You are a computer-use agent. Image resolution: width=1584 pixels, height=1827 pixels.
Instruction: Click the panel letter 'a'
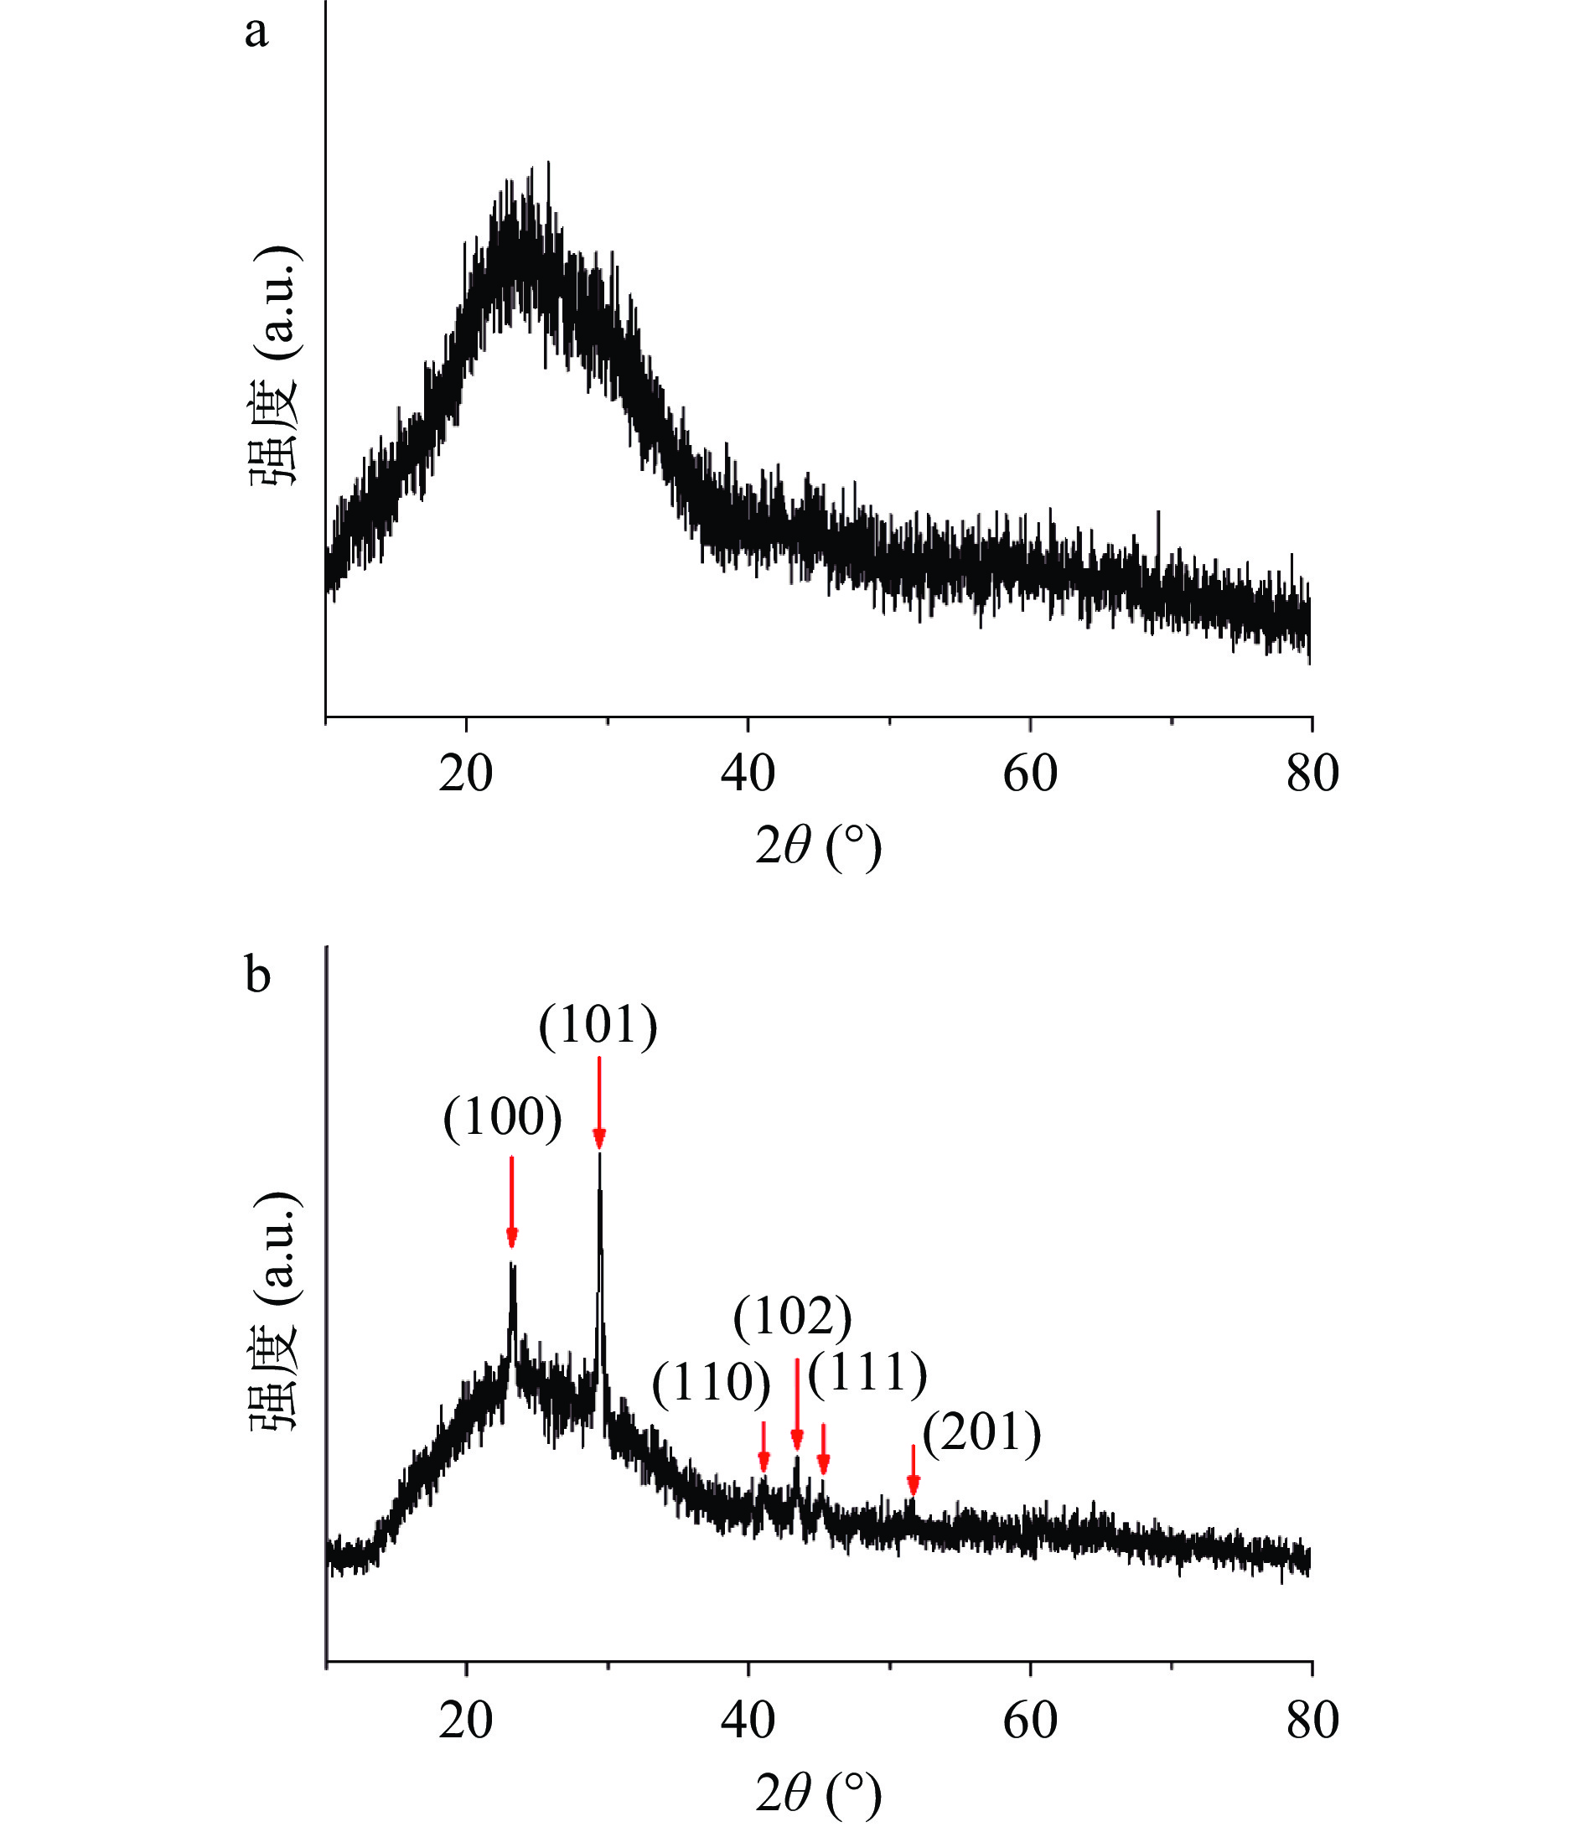pos(256,34)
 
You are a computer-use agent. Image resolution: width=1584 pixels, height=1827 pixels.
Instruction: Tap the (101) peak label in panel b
pos(598,1027)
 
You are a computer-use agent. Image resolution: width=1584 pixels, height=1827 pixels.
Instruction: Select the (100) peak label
pos(502,1119)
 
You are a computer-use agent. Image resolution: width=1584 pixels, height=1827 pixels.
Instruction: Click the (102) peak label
pos(792,1317)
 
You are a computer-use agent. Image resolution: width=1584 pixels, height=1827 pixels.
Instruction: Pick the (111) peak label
pos(867,1373)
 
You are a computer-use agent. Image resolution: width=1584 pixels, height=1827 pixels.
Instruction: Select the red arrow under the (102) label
pos(796,1405)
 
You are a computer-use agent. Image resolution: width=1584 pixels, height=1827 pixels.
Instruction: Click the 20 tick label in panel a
pos(465,774)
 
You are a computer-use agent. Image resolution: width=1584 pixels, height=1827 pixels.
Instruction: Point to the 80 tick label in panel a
pos(1312,774)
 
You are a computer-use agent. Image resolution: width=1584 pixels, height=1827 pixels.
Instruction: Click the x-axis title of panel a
pos(819,846)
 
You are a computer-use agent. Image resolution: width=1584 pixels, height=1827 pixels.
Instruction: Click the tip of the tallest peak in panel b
pos(599,1154)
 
